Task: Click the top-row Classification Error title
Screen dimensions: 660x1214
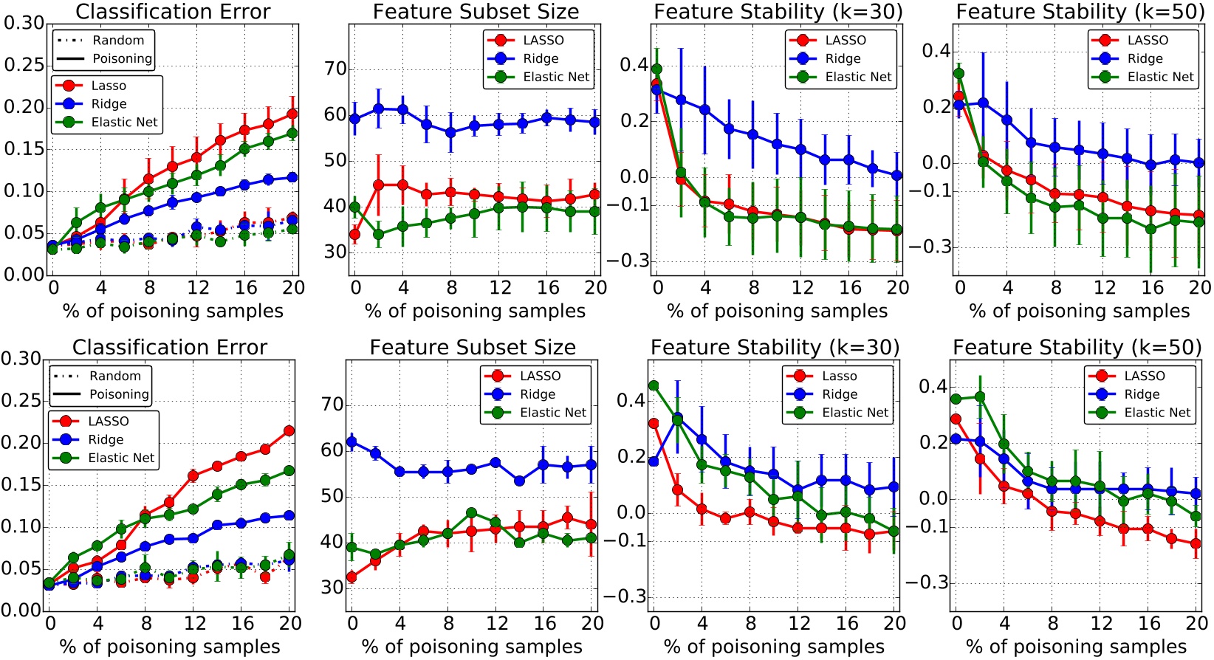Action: click(x=173, y=12)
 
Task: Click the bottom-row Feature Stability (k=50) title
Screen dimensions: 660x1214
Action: click(x=1077, y=347)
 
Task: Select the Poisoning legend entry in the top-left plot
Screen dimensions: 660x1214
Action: click(x=122, y=58)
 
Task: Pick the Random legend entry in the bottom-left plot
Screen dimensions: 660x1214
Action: click(x=114, y=376)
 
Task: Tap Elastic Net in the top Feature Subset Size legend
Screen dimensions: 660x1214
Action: click(x=556, y=77)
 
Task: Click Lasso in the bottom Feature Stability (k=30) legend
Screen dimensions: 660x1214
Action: click(x=840, y=376)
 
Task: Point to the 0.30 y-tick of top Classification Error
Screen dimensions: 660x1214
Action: click(x=24, y=23)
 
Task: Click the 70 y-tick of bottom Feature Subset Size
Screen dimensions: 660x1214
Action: click(x=332, y=405)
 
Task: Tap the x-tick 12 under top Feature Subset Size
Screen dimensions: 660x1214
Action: click(x=500, y=288)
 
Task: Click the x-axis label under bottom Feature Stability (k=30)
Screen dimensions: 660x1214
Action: click(x=774, y=647)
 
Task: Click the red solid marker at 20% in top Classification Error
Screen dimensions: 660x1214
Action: click(x=292, y=114)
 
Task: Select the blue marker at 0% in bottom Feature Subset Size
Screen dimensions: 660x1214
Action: click(x=351, y=442)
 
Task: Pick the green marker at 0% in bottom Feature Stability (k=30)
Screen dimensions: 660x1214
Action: click(x=654, y=385)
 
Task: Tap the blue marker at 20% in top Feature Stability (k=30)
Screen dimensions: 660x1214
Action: click(x=896, y=176)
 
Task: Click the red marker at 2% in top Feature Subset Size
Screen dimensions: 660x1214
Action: click(x=379, y=185)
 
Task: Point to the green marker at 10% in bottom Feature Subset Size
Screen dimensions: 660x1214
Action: click(x=471, y=512)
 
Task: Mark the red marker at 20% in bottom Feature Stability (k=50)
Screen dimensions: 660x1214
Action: click(x=1196, y=543)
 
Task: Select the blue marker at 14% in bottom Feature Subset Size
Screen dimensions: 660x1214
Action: click(x=520, y=481)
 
